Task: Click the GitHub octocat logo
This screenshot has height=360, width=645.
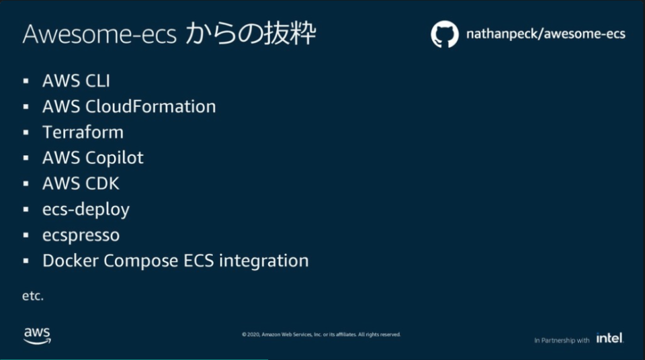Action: pos(444,34)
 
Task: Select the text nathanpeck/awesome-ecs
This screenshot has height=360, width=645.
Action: pos(546,34)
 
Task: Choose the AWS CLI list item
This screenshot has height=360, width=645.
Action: pos(76,81)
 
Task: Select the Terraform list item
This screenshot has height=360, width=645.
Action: pos(83,132)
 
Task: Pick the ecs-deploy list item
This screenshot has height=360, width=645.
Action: pos(85,210)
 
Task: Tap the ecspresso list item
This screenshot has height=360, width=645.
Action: pos(81,236)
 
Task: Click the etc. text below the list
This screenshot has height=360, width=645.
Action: pos(33,296)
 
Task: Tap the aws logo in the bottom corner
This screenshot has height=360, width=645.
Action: pos(37,335)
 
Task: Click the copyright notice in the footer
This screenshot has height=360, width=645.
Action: pos(321,334)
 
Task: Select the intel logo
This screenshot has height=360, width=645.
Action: pos(609,338)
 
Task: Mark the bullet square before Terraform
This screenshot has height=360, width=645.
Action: pos(26,132)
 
